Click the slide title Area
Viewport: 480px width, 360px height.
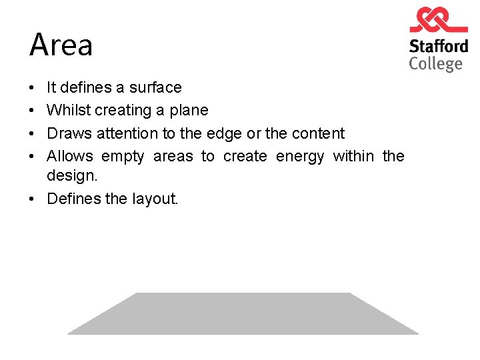click(61, 45)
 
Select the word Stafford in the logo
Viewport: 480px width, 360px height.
click(438, 47)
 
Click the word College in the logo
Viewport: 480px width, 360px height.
click(435, 64)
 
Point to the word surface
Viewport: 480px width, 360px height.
click(155, 87)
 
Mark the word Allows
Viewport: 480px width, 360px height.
click(70, 156)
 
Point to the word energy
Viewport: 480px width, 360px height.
click(299, 157)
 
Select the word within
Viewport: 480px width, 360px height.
click(353, 156)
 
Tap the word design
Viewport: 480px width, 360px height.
click(72, 175)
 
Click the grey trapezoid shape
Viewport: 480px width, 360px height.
click(243, 313)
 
